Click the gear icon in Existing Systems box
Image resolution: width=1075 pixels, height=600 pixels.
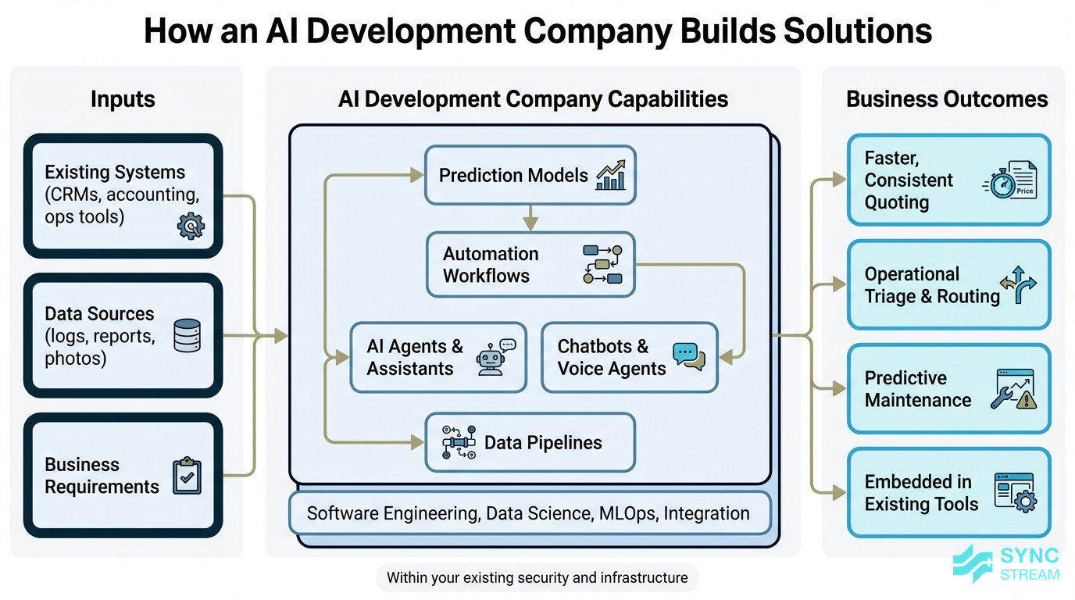tap(191, 226)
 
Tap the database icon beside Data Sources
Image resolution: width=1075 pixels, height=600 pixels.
tap(187, 335)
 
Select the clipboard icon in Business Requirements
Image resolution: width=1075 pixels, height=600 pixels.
tap(187, 475)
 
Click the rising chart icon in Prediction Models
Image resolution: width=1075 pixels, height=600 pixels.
tap(611, 175)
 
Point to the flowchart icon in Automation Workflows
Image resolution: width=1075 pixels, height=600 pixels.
tap(602, 264)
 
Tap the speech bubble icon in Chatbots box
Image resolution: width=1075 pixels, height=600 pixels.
tap(688, 356)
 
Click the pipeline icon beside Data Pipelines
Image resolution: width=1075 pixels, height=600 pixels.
tap(459, 442)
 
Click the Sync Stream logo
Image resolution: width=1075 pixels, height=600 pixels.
tap(1006, 564)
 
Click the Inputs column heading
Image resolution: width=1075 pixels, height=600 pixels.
tap(123, 99)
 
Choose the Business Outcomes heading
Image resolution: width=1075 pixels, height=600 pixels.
tap(947, 99)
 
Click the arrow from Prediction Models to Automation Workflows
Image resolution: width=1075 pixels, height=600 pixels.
tap(530, 218)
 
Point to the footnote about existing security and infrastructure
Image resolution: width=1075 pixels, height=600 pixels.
tap(537, 578)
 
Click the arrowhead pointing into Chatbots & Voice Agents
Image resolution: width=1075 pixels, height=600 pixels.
tap(725, 357)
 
